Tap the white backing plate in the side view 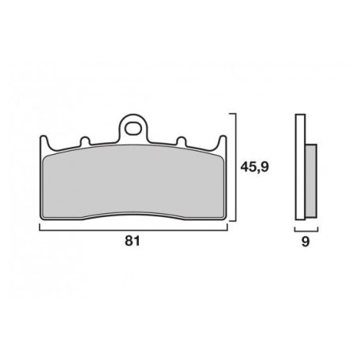[298, 168]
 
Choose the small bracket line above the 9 [304, 229]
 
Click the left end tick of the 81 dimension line [39, 227]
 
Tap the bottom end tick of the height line [232, 222]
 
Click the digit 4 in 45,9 [245, 168]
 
